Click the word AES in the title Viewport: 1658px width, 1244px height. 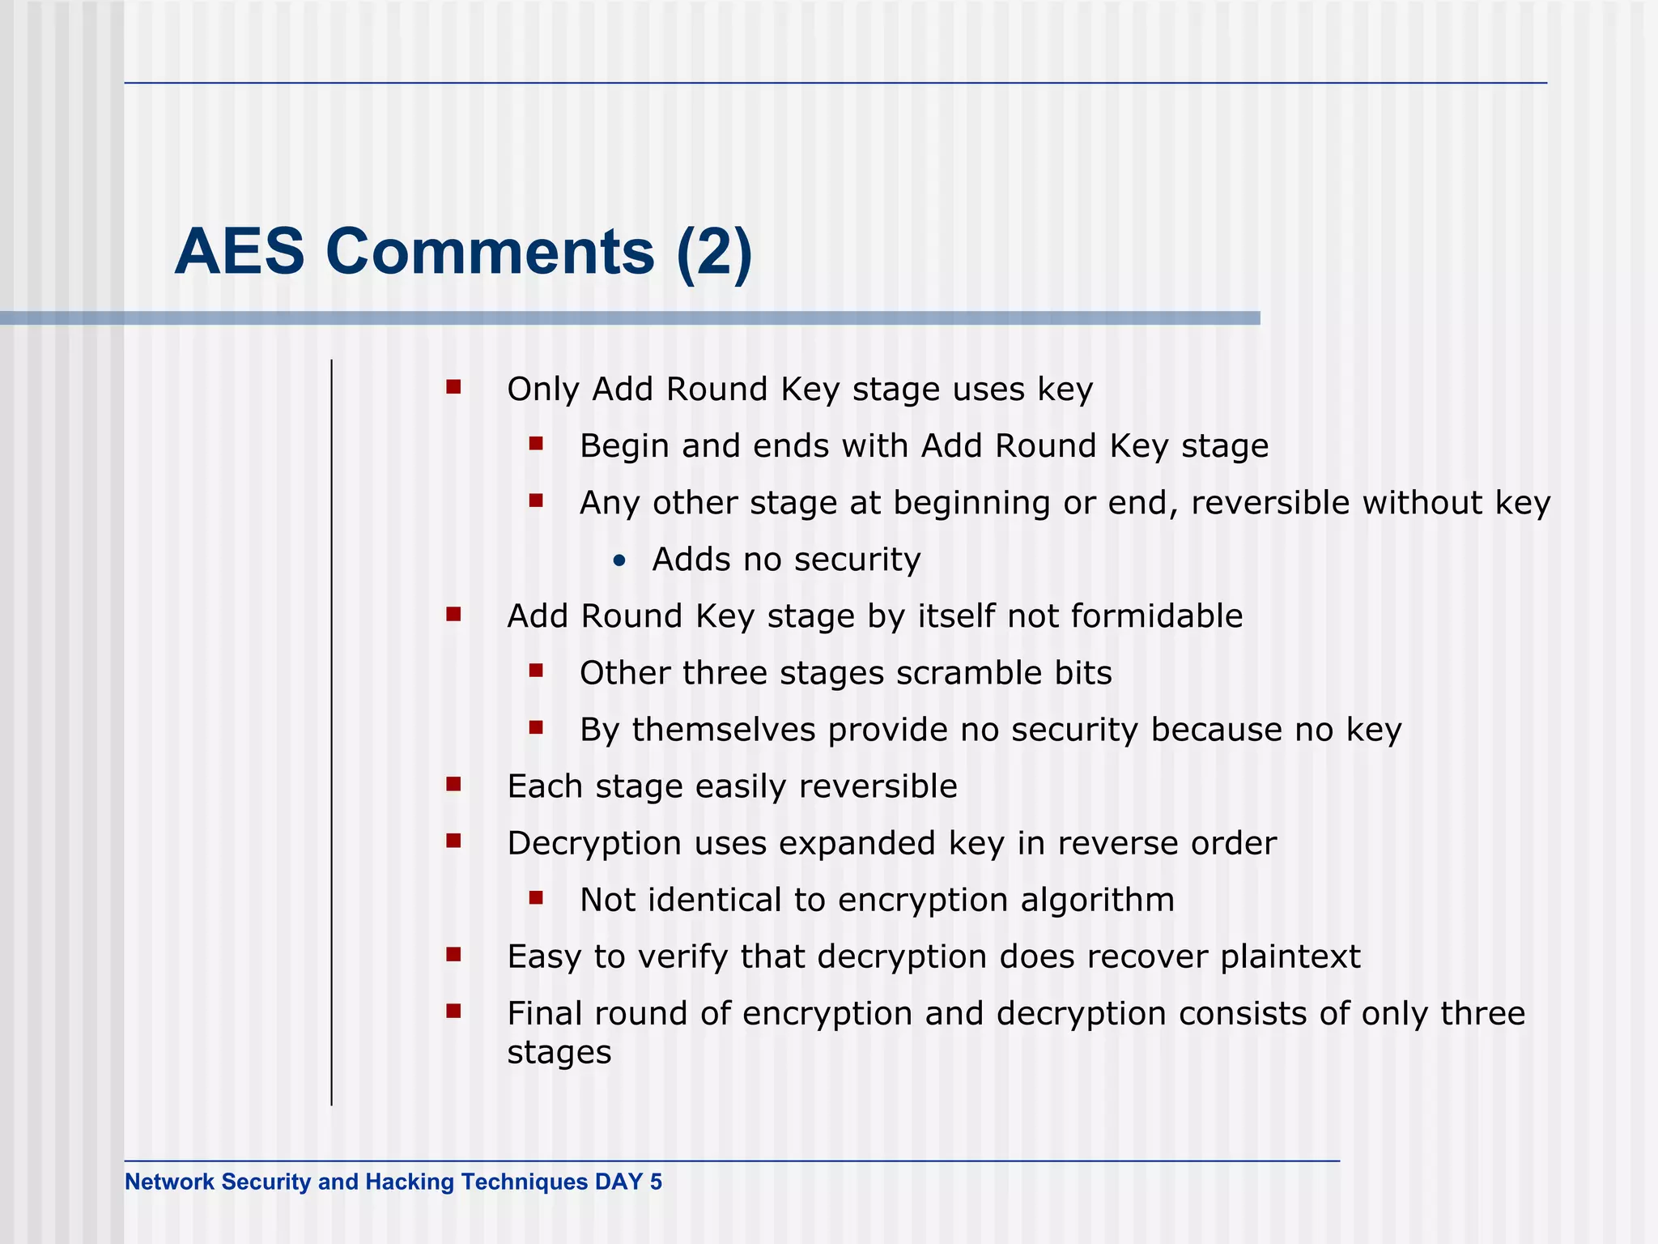pyautogui.click(x=240, y=252)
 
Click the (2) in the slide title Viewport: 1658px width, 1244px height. pyautogui.click(x=715, y=252)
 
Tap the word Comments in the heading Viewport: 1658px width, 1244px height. pyautogui.click(x=490, y=252)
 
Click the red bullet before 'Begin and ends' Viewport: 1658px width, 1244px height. pyautogui.click(x=536, y=444)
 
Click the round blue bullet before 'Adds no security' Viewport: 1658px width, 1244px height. pyautogui.click(x=619, y=560)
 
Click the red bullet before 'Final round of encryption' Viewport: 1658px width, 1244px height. pyautogui.click(x=453, y=1011)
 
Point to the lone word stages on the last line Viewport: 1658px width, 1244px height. pyautogui.click(x=559, y=1053)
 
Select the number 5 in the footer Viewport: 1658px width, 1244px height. pyautogui.click(x=656, y=1182)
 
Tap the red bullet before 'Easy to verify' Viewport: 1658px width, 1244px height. pyautogui.click(x=453, y=954)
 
